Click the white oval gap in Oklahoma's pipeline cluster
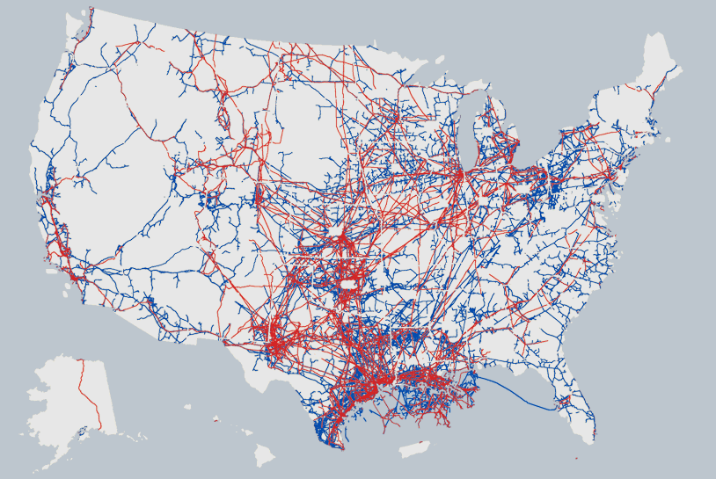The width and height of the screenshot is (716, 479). pos(349,285)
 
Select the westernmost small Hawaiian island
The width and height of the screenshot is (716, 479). pos(187,406)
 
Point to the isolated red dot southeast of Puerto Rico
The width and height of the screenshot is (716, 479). pos(576,458)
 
